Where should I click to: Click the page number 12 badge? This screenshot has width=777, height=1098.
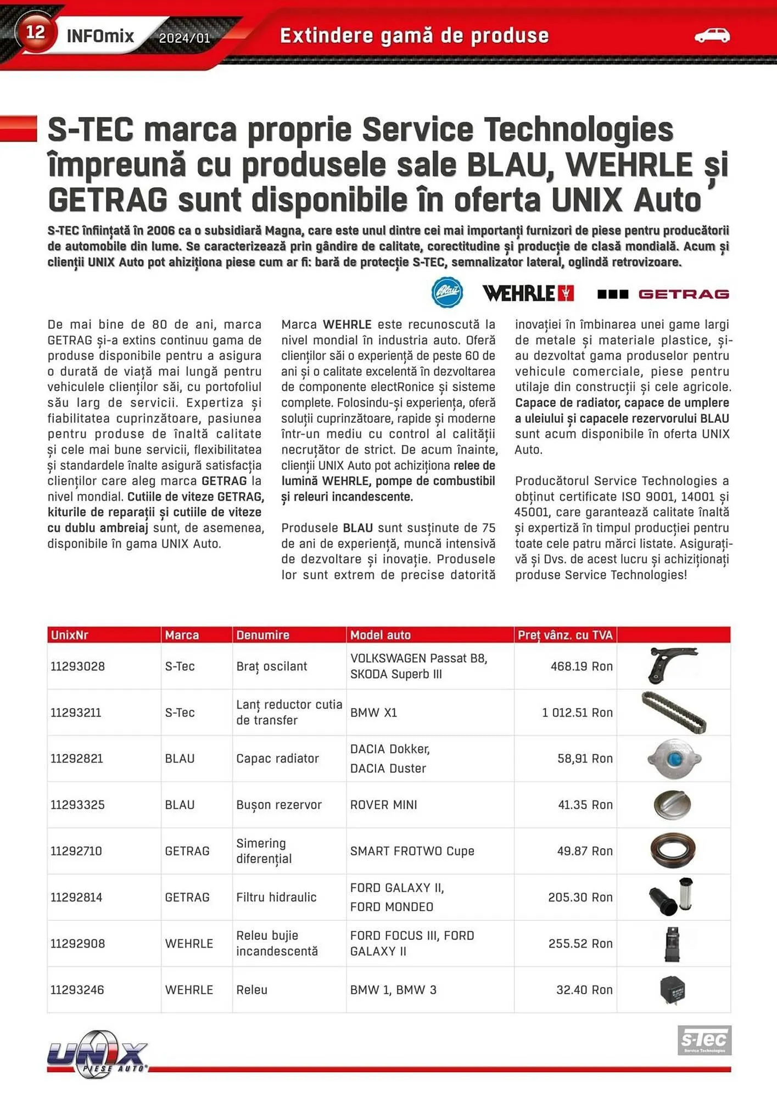click(35, 32)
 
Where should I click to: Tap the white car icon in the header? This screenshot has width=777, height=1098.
click(712, 36)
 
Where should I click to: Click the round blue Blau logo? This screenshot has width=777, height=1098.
click(447, 293)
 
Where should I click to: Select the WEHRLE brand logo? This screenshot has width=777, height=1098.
click(528, 294)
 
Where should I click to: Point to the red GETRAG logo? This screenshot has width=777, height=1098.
click(663, 294)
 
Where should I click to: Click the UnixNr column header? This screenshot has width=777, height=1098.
click(70, 635)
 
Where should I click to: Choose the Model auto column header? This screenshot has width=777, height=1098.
click(380, 635)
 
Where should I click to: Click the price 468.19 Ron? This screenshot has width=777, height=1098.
click(581, 666)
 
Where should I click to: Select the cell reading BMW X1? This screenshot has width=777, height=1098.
click(373, 713)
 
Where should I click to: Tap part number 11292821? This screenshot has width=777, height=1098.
click(77, 759)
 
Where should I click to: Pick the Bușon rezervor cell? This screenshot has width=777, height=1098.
click(278, 805)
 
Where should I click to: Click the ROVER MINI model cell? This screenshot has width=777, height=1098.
click(383, 805)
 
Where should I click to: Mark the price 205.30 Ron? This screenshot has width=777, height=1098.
click(580, 897)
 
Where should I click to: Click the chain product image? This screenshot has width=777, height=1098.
click(674, 713)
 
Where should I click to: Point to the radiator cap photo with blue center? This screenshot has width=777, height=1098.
click(674, 759)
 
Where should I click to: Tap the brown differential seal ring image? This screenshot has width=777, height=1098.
click(673, 851)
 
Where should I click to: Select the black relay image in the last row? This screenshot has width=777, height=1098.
click(672, 990)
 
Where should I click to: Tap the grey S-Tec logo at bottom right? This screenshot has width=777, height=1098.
click(704, 1040)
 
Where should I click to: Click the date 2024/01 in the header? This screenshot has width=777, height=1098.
click(184, 38)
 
